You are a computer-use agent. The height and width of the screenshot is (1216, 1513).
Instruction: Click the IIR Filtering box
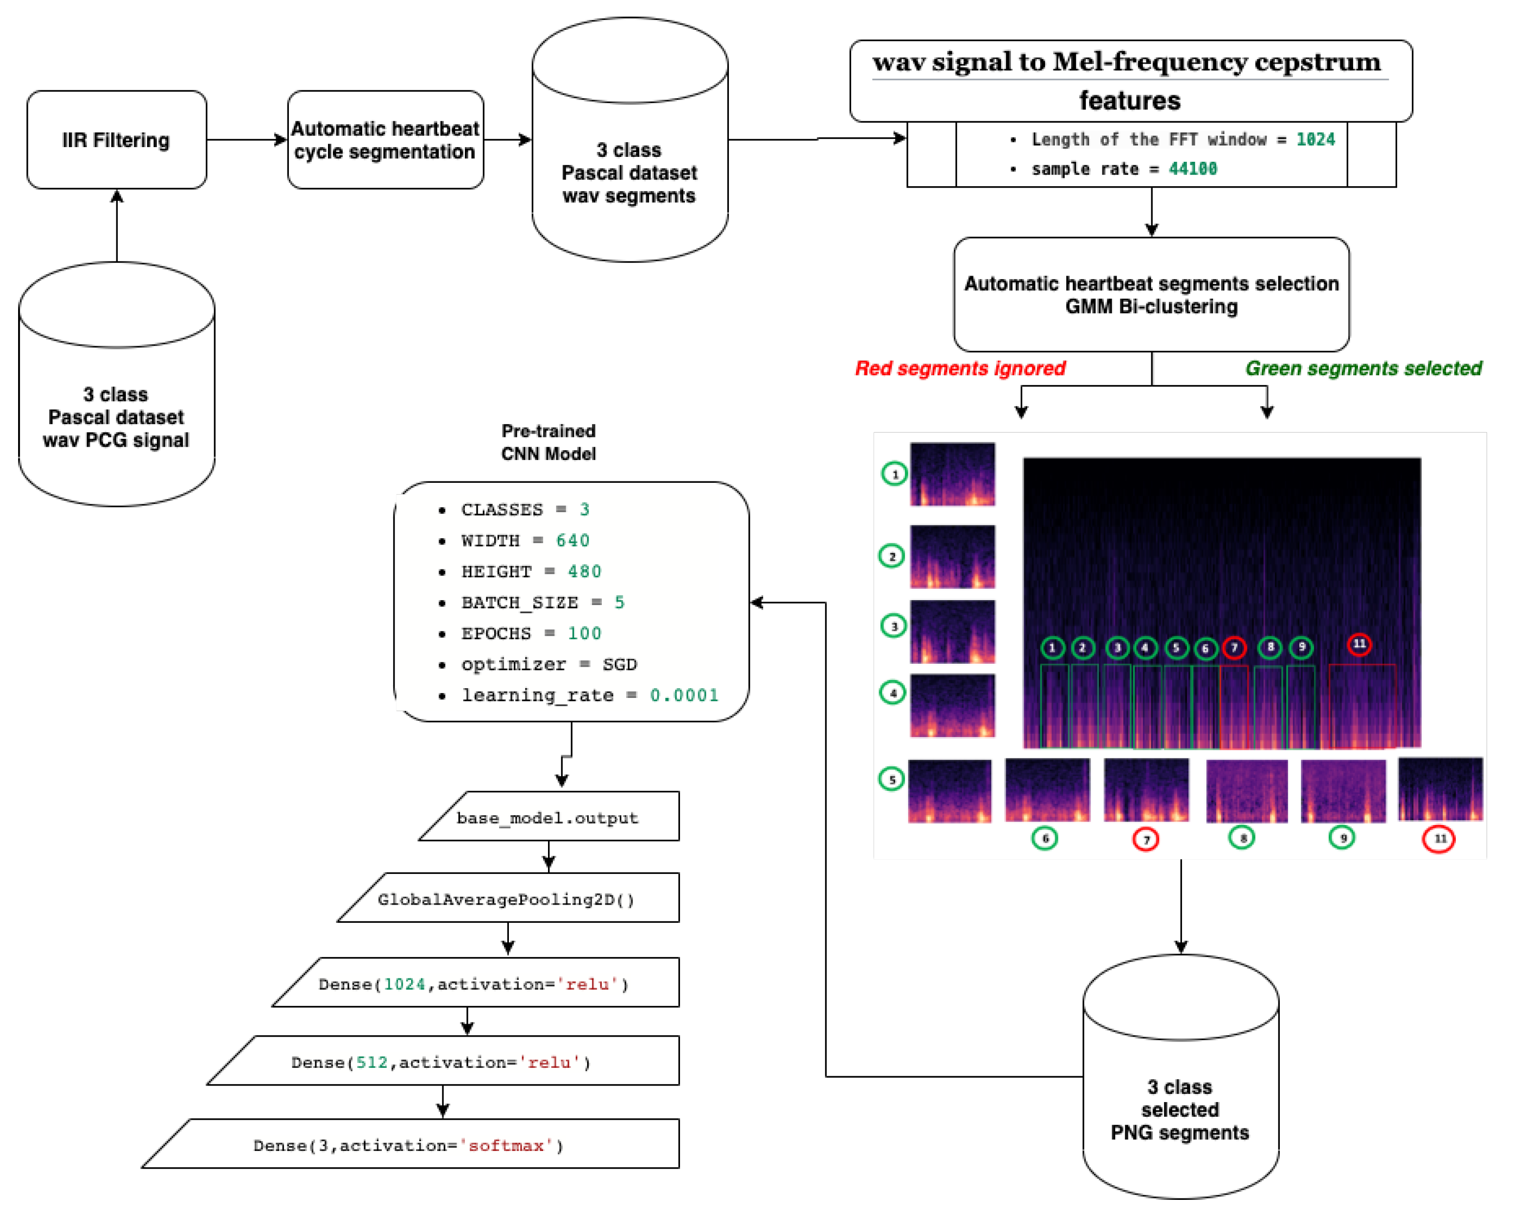coord(116,140)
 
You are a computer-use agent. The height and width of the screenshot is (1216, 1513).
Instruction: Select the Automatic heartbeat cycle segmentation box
coord(385,140)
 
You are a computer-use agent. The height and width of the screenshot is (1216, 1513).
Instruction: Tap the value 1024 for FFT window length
coord(1315,140)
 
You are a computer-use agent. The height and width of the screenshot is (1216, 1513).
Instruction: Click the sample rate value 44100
coord(1192,169)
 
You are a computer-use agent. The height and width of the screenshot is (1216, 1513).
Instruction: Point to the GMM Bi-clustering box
coord(1151,295)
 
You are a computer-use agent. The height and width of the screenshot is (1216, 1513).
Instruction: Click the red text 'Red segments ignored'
coord(959,369)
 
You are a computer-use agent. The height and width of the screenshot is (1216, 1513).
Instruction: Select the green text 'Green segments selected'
coord(1363,369)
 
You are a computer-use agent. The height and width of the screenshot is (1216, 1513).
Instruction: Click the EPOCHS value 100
coord(584,633)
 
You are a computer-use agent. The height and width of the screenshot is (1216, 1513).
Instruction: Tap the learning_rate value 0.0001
coord(683,695)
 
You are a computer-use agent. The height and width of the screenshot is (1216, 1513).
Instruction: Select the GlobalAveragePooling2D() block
coord(506,899)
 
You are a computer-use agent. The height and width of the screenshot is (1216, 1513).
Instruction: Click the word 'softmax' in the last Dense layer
coord(505,1146)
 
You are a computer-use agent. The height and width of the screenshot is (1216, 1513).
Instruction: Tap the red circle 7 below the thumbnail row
coord(1146,840)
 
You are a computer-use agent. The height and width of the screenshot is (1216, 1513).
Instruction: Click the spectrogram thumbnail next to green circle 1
coord(952,474)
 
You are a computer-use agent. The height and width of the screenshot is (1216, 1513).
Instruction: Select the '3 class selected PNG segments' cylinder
coord(1181,1095)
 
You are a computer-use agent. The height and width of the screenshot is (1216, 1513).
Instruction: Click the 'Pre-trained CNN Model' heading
coord(548,442)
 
